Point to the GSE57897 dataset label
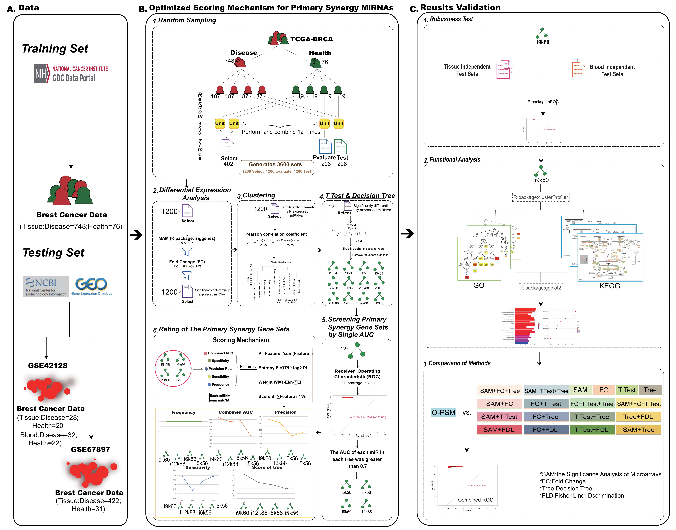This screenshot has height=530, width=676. click(x=90, y=449)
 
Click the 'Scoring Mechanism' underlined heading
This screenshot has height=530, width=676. click(x=241, y=340)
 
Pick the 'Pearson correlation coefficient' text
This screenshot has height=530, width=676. click(x=276, y=234)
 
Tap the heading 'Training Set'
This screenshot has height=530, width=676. click(x=55, y=49)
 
